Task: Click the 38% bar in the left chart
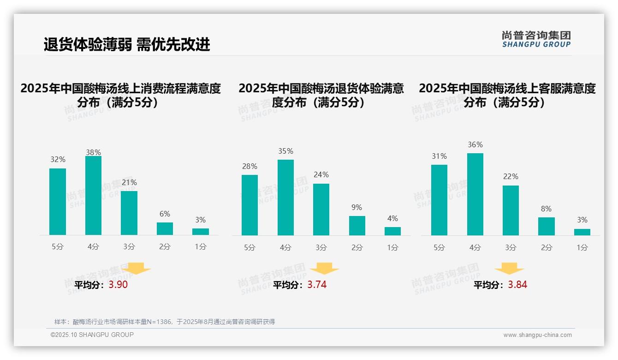[x=93, y=196]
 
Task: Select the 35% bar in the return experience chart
[x=285, y=198]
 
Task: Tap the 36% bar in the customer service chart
[x=475, y=194]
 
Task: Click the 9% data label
[x=357, y=208]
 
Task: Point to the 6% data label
[x=165, y=214]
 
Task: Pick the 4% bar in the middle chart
[x=392, y=231]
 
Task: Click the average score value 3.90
[x=118, y=285]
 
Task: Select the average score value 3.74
[x=317, y=285]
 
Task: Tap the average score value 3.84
[x=517, y=285]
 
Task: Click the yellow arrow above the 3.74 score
[x=324, y=269]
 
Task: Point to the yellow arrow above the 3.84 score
[x=509, y=269]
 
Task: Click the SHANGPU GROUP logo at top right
[x=536, y=39]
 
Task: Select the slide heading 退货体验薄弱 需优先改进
[x=127, y=44]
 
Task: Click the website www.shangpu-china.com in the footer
[x=537, y=335]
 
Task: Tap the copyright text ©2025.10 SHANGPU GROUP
[x=92, y=335]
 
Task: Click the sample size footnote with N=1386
[x=165, y=322]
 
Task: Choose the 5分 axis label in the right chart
[x=439, y=247]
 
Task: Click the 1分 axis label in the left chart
[x=201, y=247]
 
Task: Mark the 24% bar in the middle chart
[x=321, y=210]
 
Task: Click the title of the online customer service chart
[x=507, y=95]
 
